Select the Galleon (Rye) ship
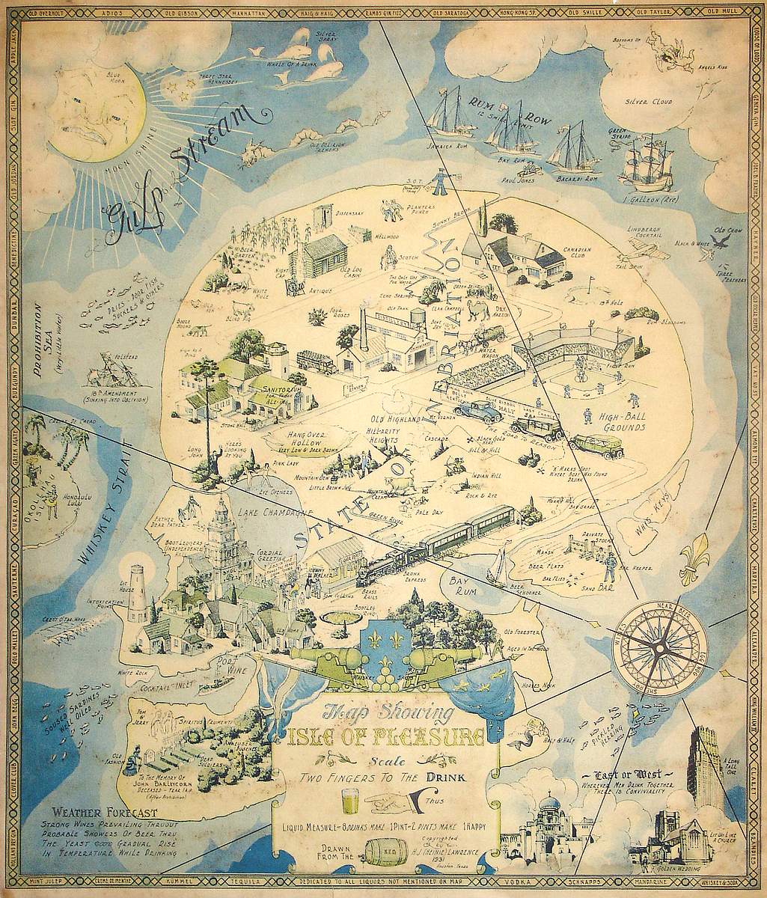click(645, 163)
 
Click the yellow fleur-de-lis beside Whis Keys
click(695, 558)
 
